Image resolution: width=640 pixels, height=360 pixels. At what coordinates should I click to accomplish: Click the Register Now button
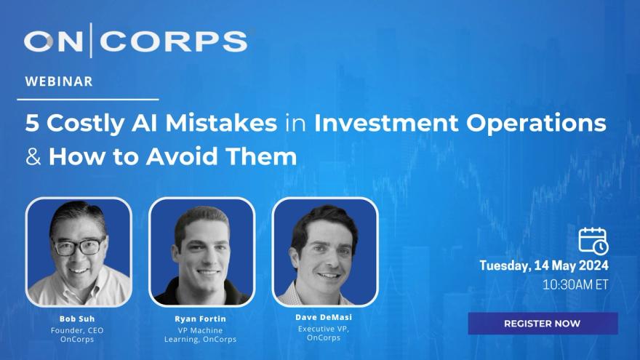(543, 323)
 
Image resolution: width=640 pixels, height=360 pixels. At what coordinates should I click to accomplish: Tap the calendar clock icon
(593, 241)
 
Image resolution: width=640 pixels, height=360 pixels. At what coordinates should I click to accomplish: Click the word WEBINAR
(59, 81)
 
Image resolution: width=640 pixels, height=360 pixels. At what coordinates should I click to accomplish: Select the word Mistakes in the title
(221, 123)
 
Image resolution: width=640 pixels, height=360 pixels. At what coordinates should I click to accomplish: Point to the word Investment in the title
(386, 123)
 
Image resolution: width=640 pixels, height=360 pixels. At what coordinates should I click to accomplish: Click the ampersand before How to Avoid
(33, 157)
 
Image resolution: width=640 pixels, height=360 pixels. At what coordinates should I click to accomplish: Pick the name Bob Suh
(77, 319)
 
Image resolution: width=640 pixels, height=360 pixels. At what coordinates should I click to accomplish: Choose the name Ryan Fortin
(200, 319)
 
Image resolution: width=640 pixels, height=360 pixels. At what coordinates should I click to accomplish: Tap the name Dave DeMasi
(324, 317)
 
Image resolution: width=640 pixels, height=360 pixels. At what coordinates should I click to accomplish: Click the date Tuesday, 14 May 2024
(544, 265)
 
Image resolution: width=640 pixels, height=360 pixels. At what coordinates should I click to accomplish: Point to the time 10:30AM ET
(575, 284)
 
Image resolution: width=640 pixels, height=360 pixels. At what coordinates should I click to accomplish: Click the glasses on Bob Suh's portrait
(79, 246)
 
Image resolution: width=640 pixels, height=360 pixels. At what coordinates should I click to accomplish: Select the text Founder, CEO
(77, 330)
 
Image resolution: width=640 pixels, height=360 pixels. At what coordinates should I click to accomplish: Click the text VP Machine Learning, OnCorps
(200, 335)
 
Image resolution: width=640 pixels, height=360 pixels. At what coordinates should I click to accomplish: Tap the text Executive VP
(324, 329)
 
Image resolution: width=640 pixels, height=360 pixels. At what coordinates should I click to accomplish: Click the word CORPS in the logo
(174, 41)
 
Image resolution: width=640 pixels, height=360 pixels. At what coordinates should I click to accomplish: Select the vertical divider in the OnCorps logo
(91, 40)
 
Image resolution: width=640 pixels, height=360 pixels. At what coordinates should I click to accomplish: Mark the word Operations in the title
(536, 124)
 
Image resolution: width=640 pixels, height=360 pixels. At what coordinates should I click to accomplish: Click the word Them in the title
(261, 157)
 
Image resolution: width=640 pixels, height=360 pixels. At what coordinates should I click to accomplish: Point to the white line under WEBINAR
(88, 99)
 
